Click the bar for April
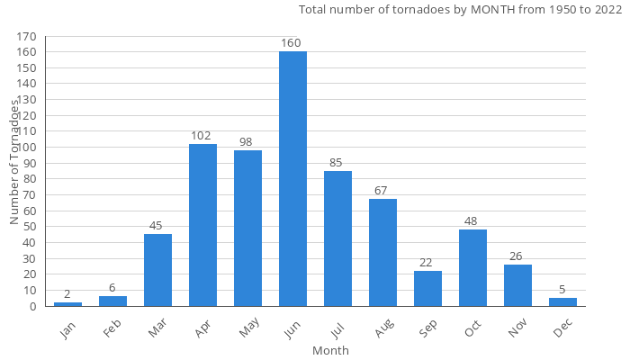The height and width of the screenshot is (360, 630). point(202,225)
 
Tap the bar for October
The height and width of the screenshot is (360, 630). point(472,267)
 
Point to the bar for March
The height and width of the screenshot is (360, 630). point(157,270)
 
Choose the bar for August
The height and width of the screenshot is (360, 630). point(382,252)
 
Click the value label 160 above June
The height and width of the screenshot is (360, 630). point(291,43)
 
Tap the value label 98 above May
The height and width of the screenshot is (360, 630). point(247,142)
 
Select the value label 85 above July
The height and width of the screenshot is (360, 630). point(337,163)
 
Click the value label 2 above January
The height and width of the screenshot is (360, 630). point(67,295)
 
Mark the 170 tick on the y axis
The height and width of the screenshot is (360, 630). point(28,37)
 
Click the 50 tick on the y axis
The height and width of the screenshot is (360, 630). point(31,227)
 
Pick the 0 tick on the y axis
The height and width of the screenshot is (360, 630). point(34,306)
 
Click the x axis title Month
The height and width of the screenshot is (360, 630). point(330,350)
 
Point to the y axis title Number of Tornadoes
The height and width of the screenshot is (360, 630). point(15,162)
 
